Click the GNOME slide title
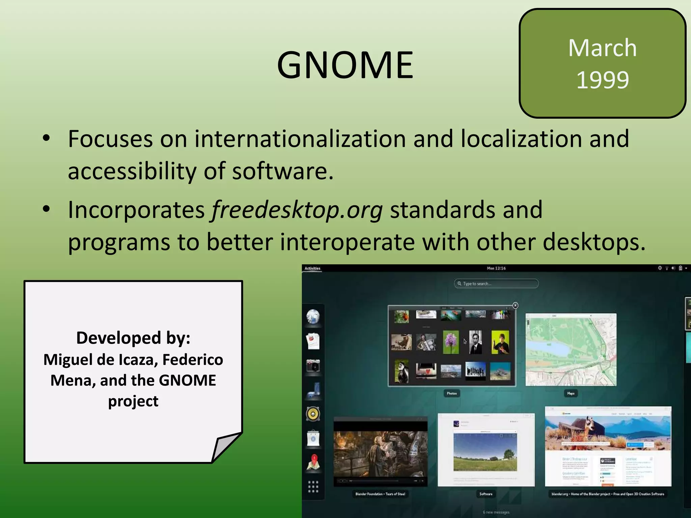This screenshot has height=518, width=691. coord(345,65)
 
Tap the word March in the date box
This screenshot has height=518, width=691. coord(602,48)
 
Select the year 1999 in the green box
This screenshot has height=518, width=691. coord(602,80)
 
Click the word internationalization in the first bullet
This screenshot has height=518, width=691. coord(300,139)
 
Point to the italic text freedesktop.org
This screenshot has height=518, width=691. coord(297,210)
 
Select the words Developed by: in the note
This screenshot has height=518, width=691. coord(133,338)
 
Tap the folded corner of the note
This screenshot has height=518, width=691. coord(226,447)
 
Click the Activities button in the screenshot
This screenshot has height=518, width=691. coord(312,268)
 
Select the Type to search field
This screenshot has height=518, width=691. coord(496,284)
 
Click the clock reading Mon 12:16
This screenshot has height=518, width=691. coord(496,268)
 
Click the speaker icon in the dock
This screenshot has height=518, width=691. coord(313,414)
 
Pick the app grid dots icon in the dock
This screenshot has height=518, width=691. coord(313,487)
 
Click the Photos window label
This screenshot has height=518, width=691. coord(451,393)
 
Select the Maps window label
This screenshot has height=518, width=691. coord(571,393)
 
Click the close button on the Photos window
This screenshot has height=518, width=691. coord(515,306)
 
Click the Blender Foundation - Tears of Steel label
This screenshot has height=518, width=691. coord(380,494)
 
